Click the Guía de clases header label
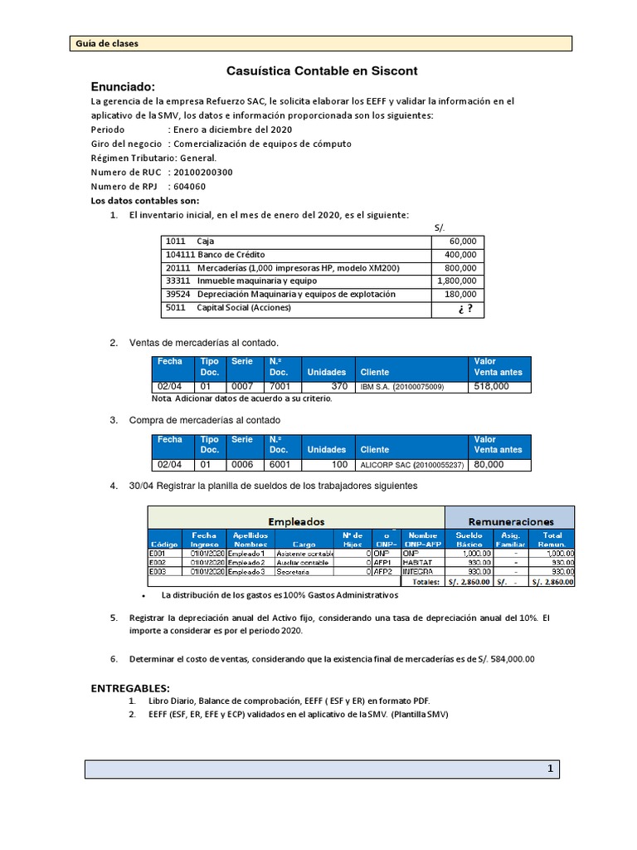click(107, 43)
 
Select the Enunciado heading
click(122, 87)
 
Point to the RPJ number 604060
click(187, 186)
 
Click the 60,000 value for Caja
click(462, 241)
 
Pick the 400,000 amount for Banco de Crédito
click(460, 254)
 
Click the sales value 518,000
click(491, 387)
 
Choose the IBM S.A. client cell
click(401, 387)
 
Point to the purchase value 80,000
click(489, 465)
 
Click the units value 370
click(338, 387)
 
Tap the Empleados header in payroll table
click(295, 521)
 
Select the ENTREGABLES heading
click(129, 689)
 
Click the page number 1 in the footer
click(549, 769)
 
